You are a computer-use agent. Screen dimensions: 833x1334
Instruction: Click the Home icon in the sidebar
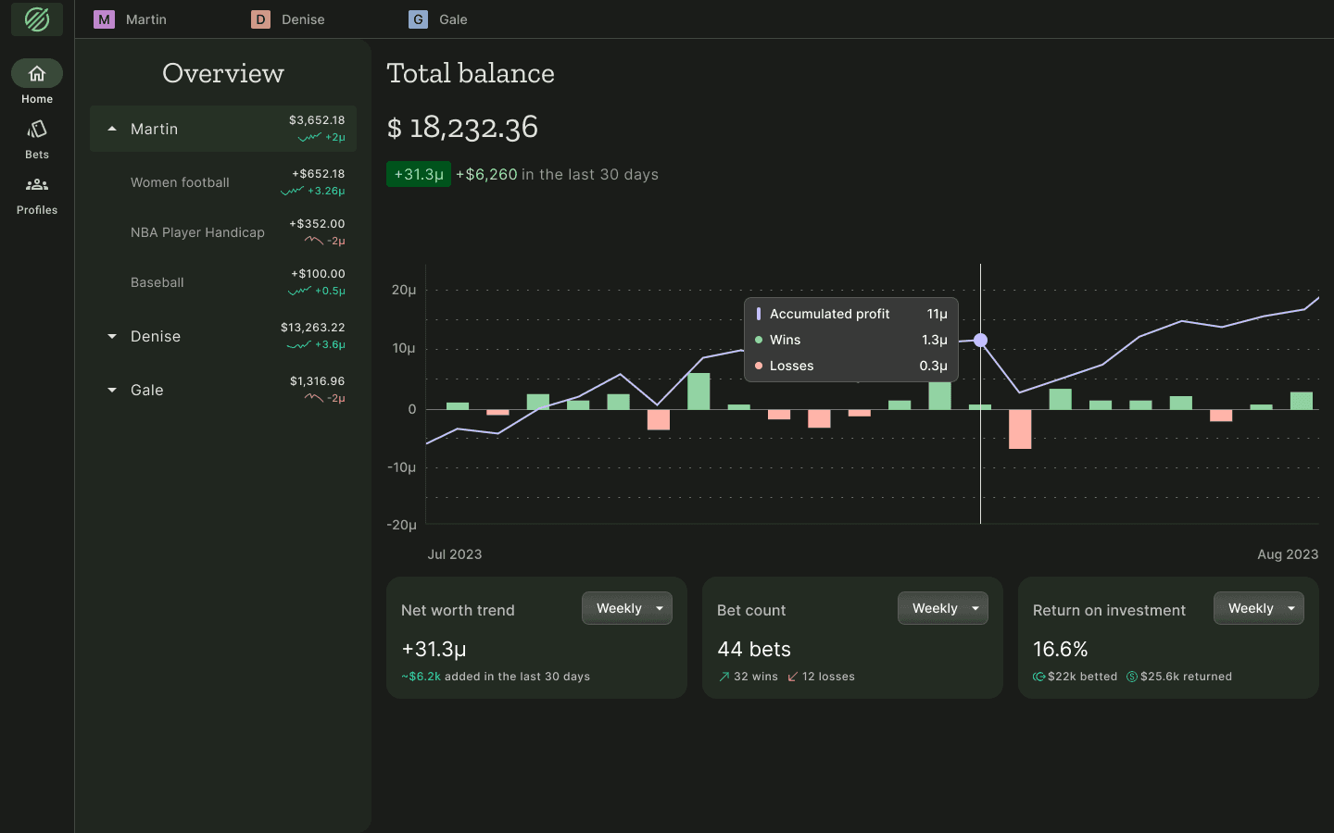[37, 73]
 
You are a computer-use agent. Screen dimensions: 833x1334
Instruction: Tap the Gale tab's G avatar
[419, 19]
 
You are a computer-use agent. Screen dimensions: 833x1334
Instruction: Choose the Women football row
[180, 182]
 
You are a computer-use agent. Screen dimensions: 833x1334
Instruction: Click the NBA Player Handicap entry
[197, 232]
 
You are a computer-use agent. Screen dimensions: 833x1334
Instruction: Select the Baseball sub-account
[157, 282]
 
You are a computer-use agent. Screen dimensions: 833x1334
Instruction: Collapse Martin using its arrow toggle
[112, 129]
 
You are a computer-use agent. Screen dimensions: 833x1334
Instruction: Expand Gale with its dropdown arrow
[112, 390]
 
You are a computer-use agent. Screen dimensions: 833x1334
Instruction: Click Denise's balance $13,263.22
[312, 328]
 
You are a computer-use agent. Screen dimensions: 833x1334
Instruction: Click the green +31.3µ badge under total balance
[419, 174]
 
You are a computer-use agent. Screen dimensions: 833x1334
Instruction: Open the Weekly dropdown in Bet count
[942, 608]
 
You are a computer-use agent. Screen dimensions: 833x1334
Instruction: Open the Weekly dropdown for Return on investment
[1258, 608]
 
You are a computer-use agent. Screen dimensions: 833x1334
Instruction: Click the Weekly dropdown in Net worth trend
[626, 608]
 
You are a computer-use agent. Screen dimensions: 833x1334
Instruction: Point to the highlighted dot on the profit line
[980, 341]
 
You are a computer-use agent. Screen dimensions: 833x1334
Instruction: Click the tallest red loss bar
[1020, 429]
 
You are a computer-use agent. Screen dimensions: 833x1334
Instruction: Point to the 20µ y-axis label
[404, 291]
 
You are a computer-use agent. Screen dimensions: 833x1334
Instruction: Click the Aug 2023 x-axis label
[1287, 554]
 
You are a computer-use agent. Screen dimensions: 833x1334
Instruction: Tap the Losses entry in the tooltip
[791, 366]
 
